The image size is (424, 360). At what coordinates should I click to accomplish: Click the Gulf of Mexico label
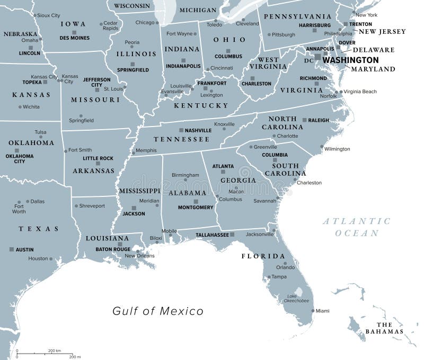[x=158, y=311]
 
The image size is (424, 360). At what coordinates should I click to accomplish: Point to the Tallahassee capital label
[x=211, y=234]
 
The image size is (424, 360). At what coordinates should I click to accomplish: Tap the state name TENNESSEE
[x=182, y=139]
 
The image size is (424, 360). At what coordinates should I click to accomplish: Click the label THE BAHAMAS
[x=384, y=328]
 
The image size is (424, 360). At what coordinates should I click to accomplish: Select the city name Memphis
[x=146, y=150]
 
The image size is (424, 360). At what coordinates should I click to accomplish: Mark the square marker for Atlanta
[x=223, y=172]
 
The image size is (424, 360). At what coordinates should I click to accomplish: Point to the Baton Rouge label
[x=113, y=249]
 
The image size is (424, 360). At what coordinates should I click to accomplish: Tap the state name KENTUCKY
[x=201, y=105]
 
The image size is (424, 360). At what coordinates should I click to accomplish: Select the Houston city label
[x=38, y=258]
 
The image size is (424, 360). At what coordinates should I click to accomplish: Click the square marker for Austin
[x=12, y=249]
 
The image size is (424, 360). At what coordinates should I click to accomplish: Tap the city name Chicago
[x=145, y=23]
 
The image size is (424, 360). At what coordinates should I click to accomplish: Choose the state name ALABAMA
[x=188, y=194]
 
